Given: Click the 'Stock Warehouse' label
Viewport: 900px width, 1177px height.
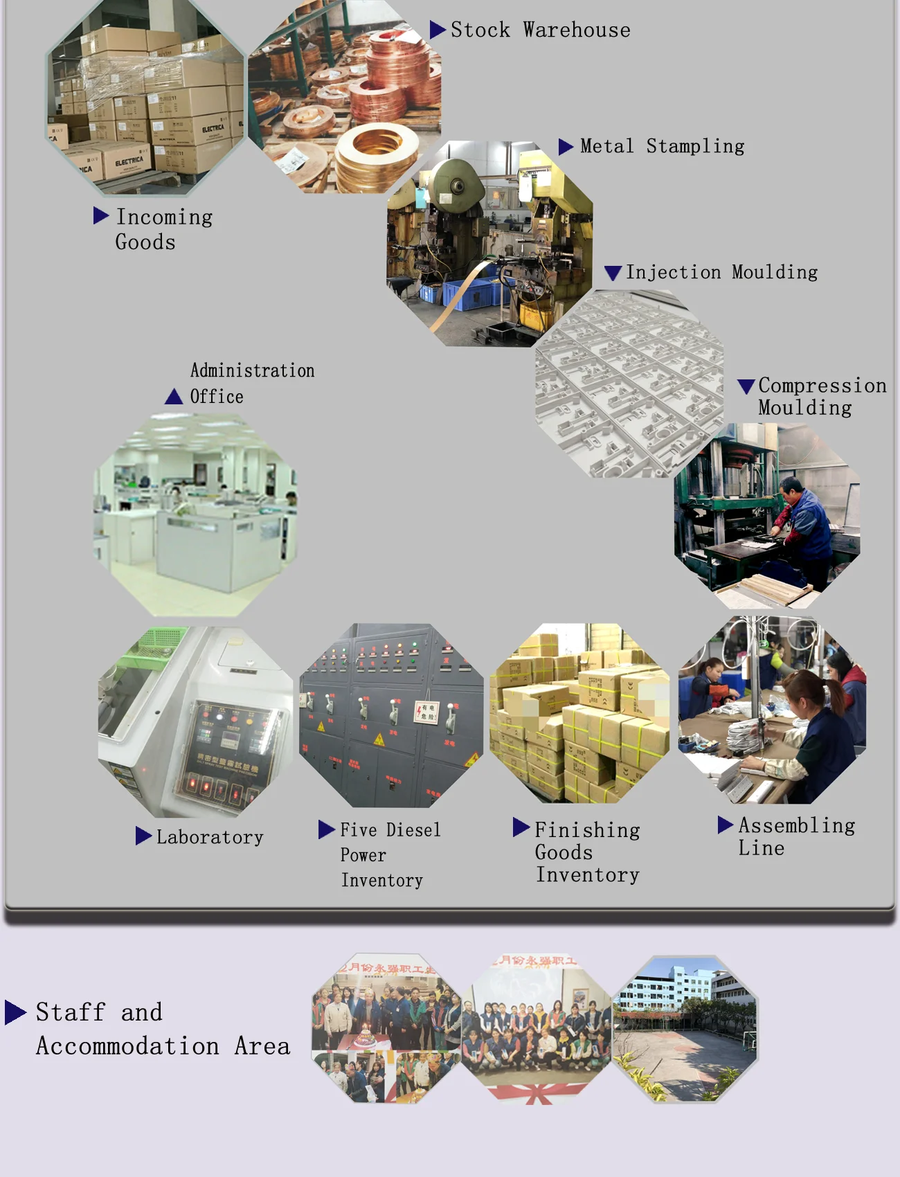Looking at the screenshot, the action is pyautogui.click(x=540, y=30).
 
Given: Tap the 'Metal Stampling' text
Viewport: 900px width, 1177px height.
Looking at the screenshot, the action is pyautogui.click(x=662, y=146).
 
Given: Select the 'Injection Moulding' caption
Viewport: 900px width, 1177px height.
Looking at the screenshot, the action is pyautogui.click(x=721, y=272).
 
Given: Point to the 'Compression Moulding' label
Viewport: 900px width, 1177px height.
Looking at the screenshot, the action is pyautogui.click(x=822, y=396).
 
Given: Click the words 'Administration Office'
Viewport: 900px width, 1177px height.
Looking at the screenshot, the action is pyautogui.click(x=252, y=383).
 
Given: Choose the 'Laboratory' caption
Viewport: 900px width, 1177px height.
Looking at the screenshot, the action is pyautogui.click(x=210, y=837).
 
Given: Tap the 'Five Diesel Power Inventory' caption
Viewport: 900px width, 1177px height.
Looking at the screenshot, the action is pyautogui.click(x=390, y=855).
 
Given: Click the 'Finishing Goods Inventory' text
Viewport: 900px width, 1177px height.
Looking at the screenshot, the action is pyautogui.click(x=587, y=852).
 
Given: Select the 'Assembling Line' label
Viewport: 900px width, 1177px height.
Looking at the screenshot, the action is pyautogui.click(x=796, y=836).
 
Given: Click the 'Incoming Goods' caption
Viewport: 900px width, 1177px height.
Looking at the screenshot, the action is pyautogui.click(x=163, y=229).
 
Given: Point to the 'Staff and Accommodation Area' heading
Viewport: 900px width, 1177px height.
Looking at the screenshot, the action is pyautogui.click(x=163, y=1029).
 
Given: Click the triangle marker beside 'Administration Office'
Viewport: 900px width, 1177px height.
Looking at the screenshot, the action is pyautogui.click(x=173, y=397).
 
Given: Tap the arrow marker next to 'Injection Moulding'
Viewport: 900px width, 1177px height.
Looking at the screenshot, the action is pyautogui.click(x=613, y=273).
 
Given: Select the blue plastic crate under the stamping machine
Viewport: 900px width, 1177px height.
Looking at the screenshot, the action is pyautogui.click(x=471, y=294).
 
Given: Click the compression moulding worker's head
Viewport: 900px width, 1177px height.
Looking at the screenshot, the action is pyautogui.click(x=791, y=486).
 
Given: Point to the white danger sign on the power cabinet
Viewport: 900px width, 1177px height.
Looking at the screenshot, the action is pyautogui.click(x=426, y=712).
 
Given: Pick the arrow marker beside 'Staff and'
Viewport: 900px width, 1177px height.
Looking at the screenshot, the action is pyautogui.click(x=15, y=1012).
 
